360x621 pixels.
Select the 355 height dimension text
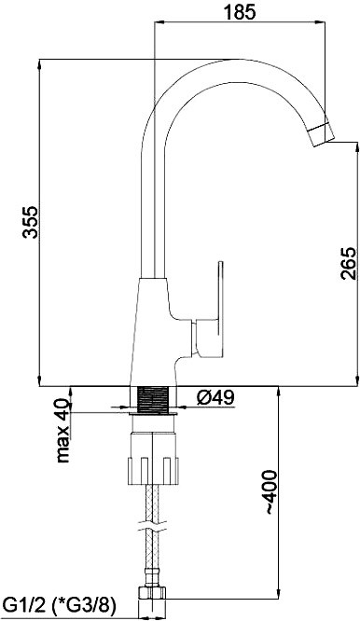[x=30, y=222]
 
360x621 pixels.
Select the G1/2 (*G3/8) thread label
[x=60, y=607]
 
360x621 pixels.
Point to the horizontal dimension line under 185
[x=248, y=24]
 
